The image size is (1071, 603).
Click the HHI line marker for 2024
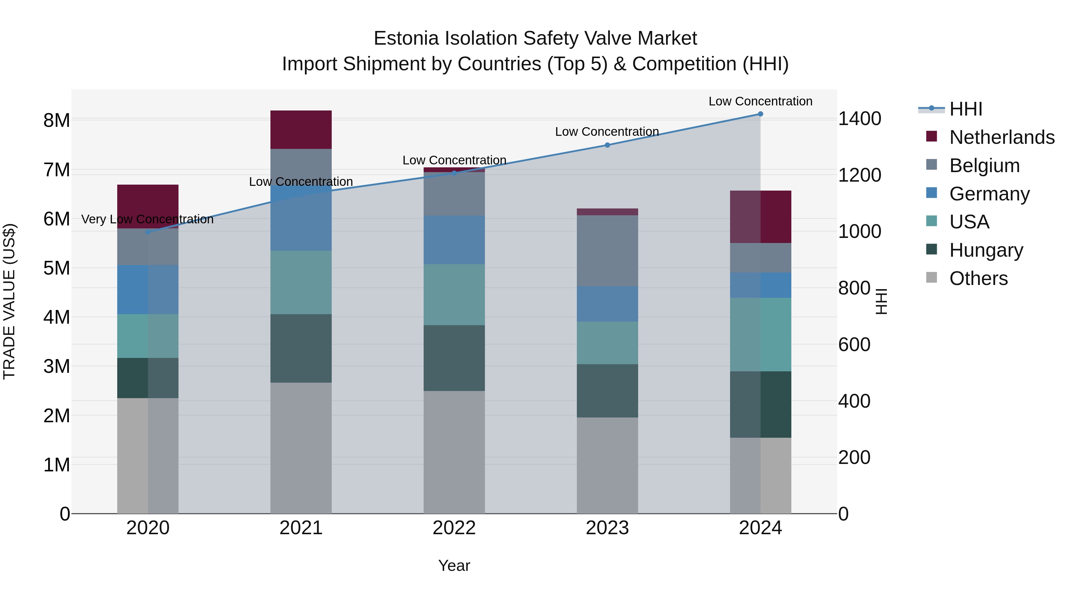pyautogui.click(x=760, y=114)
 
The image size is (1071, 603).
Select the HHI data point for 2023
pyautogui.click(x=607, y=145)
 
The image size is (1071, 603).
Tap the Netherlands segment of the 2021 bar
pyautogui.click(x=301, y=130)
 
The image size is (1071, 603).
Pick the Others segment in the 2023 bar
pyautogui.click(x=607, y=465)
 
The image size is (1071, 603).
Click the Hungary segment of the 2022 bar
pyautogui.click(x=454, y=358)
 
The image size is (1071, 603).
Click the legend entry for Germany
pyautogui.click(x=989, y=194)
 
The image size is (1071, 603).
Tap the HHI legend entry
pyautogui.click(x=965, y=109)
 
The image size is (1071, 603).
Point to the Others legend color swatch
pyautogui.click(x=932, y=278)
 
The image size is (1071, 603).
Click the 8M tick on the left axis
pyautogui.click(x=57, y=121)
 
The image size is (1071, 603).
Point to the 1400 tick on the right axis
pyautogui.click(x=859, y=119)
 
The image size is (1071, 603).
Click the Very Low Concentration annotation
pyautogui.click(x=147, y=219)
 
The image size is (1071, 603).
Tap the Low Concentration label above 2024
pyautogui.click(x=760, y=101)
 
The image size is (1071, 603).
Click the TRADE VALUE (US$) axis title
pyautogui.click(x=9, y=301)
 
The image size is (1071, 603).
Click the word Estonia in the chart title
pyautogui.click(x=406, y=39)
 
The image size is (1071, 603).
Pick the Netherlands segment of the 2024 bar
pyautogui.click(x=760, y=217)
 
